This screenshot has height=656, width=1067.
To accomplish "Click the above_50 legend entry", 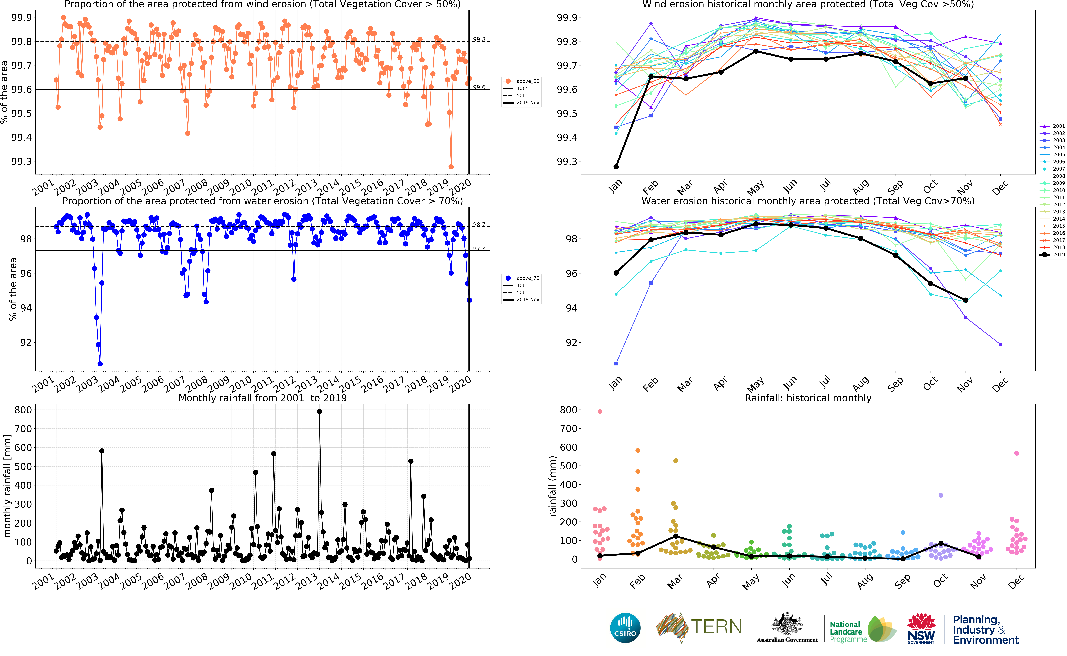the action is point(522,81).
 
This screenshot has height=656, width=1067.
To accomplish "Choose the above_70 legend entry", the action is point(522,278).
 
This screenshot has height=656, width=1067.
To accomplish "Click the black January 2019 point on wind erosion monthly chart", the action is point(616,167).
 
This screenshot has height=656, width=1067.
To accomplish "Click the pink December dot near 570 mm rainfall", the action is point(1017,453).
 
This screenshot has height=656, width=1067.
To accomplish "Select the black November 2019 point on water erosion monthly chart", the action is point(966,300).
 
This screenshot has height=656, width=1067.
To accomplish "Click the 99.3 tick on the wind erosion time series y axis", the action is point(22,161).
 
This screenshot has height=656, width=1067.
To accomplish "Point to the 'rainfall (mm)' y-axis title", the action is point(552,486).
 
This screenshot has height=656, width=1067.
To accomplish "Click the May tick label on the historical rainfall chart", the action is point(751,581).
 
